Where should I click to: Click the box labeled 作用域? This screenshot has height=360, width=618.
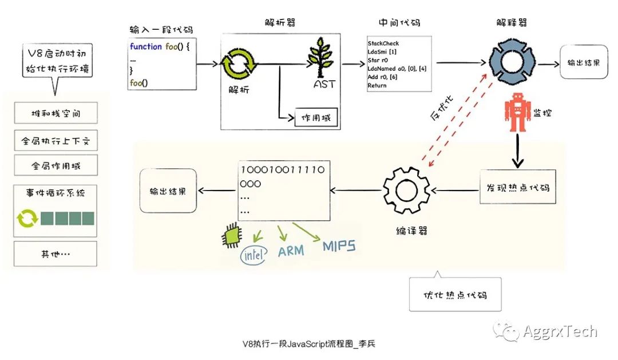coord(315,118)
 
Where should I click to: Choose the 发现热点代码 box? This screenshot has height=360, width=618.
coord(518,187)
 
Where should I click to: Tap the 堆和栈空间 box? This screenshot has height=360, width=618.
coord(56,113)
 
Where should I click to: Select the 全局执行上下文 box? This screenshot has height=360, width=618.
coord(56,140)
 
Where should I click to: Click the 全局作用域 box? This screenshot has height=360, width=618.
coord(56,166)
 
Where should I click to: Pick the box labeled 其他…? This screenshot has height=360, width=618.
coord(56,254)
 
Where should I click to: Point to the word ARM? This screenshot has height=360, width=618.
coord(291,251)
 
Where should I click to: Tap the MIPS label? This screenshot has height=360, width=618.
coord(339,246)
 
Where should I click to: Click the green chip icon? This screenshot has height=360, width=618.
coord(230,235)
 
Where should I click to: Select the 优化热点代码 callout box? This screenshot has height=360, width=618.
coord(455,295)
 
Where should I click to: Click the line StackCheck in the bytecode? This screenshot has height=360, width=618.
coord(383,43)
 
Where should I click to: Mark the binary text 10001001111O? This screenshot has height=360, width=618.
coord(283,170)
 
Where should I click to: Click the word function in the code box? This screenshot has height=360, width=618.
coord(145,46)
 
